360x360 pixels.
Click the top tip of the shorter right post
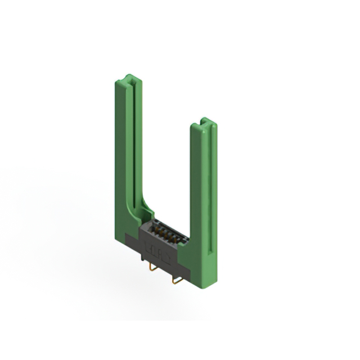(205, 120)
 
